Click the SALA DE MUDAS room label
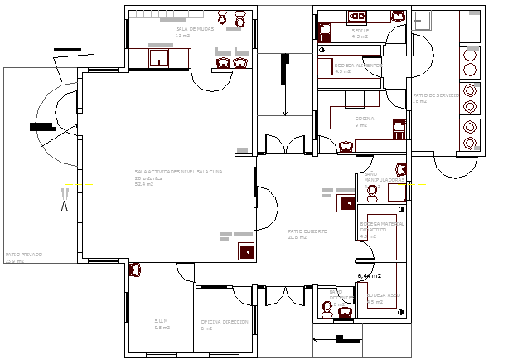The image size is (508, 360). click(195, 29)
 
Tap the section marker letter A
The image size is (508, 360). click(64, 206)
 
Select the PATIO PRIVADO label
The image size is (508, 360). click(23, 255)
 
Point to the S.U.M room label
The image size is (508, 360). click(162, 321)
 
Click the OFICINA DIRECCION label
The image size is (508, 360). click(224, 321)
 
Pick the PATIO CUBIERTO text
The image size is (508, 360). click(307, 231)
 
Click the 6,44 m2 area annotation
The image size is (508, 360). click(369, 275)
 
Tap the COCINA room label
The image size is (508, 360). click(365, 119)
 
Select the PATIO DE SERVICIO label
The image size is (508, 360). click(430, 95)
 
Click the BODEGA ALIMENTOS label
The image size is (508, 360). click(358, 65)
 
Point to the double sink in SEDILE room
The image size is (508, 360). click(358, 15)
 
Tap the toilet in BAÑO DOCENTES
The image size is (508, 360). click(330, 308)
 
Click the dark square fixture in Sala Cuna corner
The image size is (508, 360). click(246, 251)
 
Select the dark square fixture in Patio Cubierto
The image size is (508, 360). click(347, 201)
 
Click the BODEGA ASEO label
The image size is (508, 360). click(383, 294)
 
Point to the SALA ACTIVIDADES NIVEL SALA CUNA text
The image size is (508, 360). click(179, 172)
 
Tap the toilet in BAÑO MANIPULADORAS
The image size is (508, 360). click(372, 192)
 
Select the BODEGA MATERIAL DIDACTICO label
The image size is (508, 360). click(382, 226)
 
